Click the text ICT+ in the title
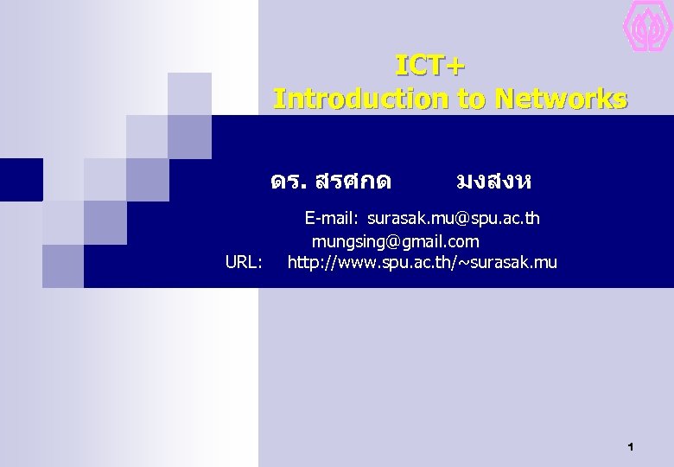[x=429, y=66]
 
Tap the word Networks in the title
[x=562, y=99]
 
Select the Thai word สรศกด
[x=354, y=182]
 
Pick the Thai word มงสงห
[x=493, y=182]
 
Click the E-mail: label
[x=333, y=218]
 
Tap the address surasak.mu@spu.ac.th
[x=453, y=218]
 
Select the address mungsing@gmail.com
[x=395, y=240]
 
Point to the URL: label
[x=244, y=262]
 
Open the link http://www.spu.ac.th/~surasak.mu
[x=422, y=262]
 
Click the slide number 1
[x=631, y=447]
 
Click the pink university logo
[x=648, y=26]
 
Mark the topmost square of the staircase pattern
[x=189, y=93]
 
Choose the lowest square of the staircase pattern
[x=63, y=265]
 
